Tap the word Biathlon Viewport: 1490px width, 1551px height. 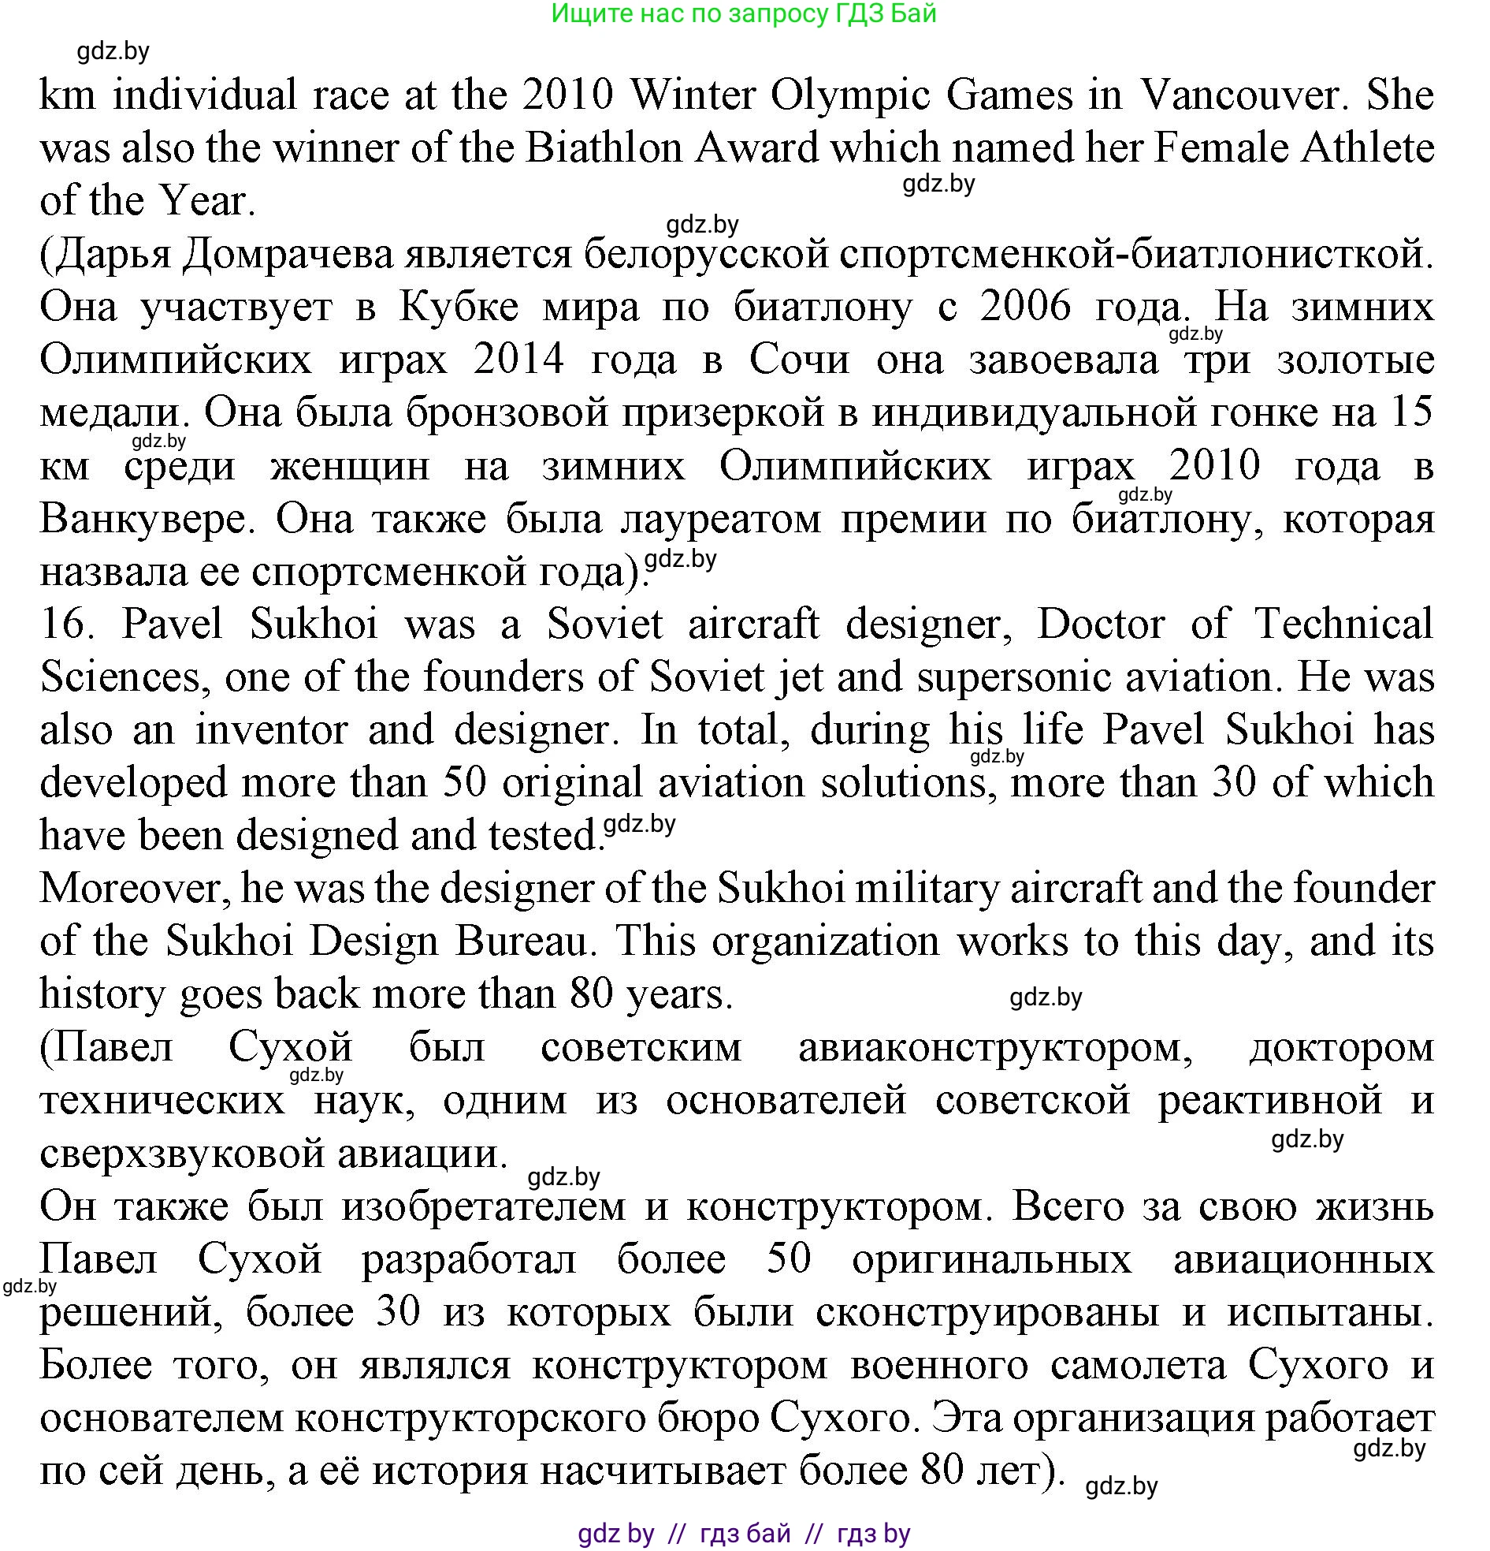pyautogui.click(x=603, y=148)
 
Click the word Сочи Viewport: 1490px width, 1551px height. pyautogui.click(x=799, y=360)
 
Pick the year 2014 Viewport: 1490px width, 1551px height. pyautogui.click(x=518, y=360)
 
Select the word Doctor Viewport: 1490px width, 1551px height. pyautogui.click(x=1100, y=625)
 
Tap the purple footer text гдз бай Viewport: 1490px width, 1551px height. pyautogui.click(x=745, y=1534)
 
